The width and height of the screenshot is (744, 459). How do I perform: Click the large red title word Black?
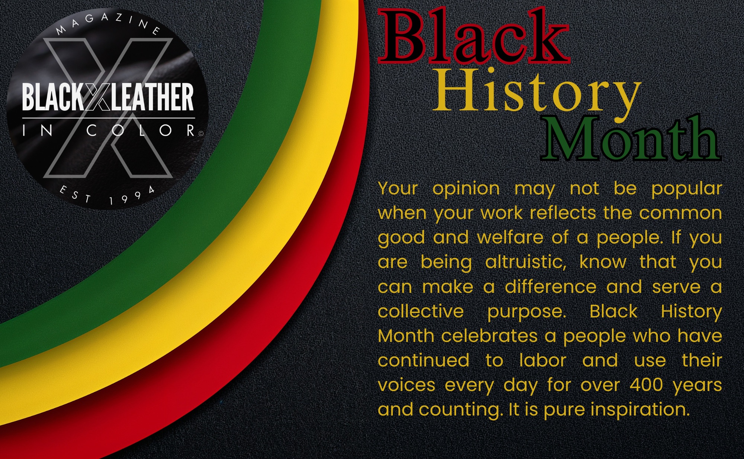[474, 36]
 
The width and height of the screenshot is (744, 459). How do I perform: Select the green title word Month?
[631, 139]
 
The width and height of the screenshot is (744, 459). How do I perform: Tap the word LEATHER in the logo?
[152, 97]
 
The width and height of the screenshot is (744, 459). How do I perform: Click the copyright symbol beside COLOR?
[201, 133]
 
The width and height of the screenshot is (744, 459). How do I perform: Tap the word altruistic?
[526, 262]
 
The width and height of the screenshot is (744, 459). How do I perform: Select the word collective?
[421, 311]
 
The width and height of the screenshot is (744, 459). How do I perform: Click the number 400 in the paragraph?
[646, 385]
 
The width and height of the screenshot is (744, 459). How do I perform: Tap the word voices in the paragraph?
[406, 385]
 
